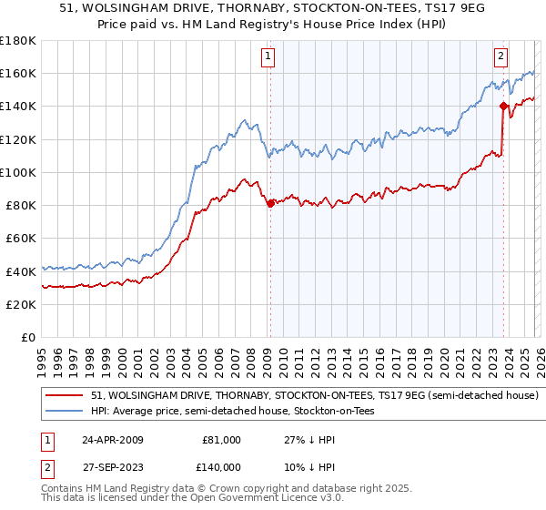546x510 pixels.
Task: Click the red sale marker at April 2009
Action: pyautogui.click(x=270, y=204)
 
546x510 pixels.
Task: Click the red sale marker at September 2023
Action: pyautogui.click(x=502, y=106)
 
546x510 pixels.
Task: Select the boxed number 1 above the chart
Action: pyautogui.click(x=269, y=56)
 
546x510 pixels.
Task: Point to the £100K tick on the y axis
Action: pyautogui.click(x=18, y=172)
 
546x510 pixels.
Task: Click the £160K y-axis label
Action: pyautogui.click(x=18, y=73)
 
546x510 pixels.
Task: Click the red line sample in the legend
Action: pyautogui.click(x=66, y=396)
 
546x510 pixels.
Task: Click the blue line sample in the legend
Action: pyautogui.click(x=66, y=412)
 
